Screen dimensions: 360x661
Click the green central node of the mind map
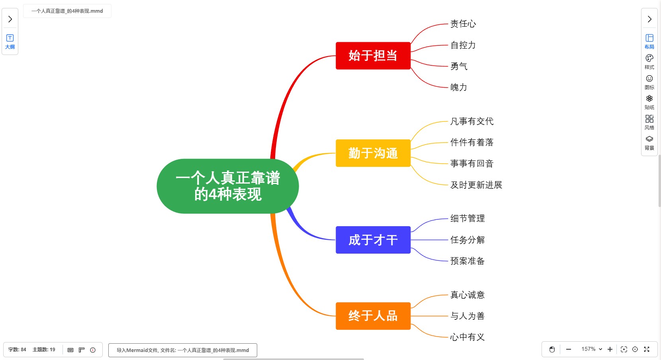(228, 186)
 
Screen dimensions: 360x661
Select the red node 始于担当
(373, 56)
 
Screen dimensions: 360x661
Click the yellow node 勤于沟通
(373, 153)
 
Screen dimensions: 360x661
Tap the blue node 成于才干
(373, 240)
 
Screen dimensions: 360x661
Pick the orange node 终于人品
(373, 316)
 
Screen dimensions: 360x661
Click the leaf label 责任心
(463, 24)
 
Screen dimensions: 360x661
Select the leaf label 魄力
(458, 87)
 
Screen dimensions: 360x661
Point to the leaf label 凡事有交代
(471, 121)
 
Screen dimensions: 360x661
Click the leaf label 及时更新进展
(476, 185)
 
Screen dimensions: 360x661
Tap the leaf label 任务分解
(467, 240)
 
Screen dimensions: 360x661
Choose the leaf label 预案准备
(467, 261)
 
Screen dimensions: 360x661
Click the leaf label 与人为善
(467, 316)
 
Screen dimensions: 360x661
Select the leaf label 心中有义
(467, 337)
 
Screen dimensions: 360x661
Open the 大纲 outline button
(10, 41)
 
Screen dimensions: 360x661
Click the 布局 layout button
(649, 41)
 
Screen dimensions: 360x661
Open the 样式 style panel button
(649, 62)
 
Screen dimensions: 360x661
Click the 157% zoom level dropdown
(591, 349)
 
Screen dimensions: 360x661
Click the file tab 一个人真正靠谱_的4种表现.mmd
(67, 11)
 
